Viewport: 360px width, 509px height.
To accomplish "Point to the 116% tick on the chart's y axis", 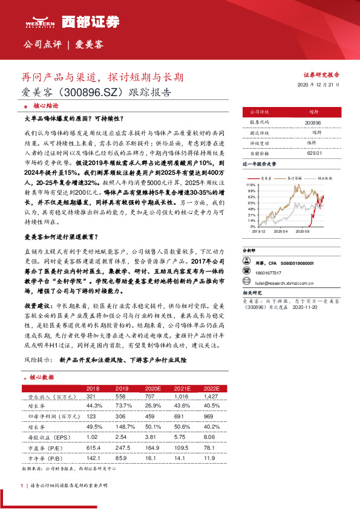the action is coord(249,184).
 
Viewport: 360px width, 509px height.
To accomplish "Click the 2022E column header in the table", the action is coord(211,388).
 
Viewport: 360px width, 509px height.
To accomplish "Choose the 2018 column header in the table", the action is coord(93,388).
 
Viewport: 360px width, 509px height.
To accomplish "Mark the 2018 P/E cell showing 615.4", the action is coord(94,447).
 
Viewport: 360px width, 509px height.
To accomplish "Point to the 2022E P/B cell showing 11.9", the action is coord(209,458).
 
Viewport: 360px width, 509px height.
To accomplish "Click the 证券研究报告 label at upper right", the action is coord(321,74).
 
